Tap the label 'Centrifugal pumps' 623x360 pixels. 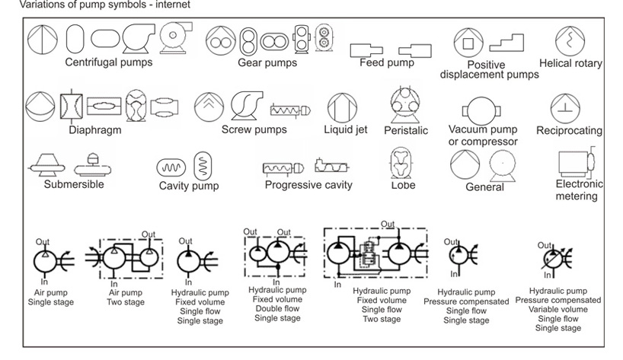(109, 62)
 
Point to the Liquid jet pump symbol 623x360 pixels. (337, 108)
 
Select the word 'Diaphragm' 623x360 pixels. (95, 130)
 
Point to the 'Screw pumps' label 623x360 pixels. (254, 129)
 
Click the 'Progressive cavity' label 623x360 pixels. (308, 185)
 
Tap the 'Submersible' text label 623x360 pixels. (74, 184)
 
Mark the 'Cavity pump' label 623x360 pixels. (189, 186)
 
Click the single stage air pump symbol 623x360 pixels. (46, 260)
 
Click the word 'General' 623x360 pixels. (485, 187)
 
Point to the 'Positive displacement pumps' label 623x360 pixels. (490, 70)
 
